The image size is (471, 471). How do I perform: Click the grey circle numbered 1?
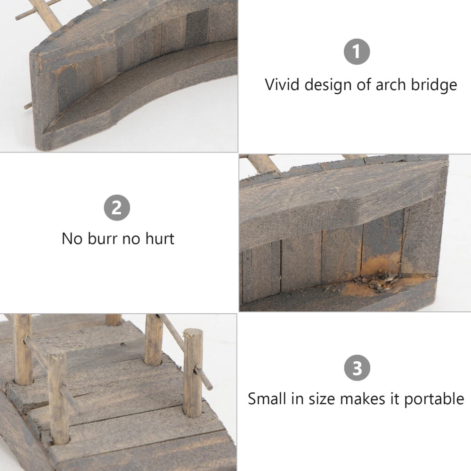[x=357, y=52]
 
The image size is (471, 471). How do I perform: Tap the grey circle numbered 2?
[x=117, y=208]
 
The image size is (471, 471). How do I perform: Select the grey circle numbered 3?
[x=357, y=368]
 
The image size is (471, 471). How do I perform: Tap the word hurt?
[x=160, y=239]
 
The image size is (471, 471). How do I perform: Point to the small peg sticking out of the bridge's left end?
[x=28, y=106]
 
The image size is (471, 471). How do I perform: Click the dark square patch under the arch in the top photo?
[x=197, y=29]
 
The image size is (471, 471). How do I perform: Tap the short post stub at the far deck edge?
[x=114, y=320]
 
